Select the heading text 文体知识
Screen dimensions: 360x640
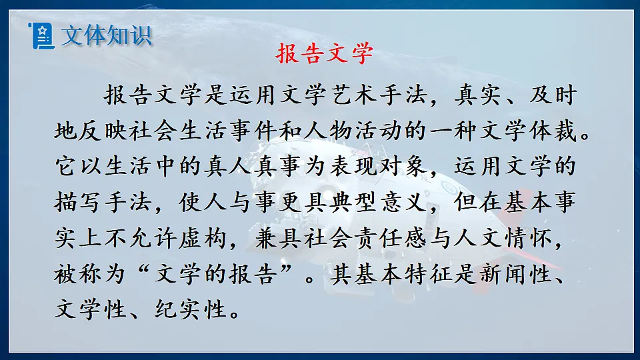click(105, 35)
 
